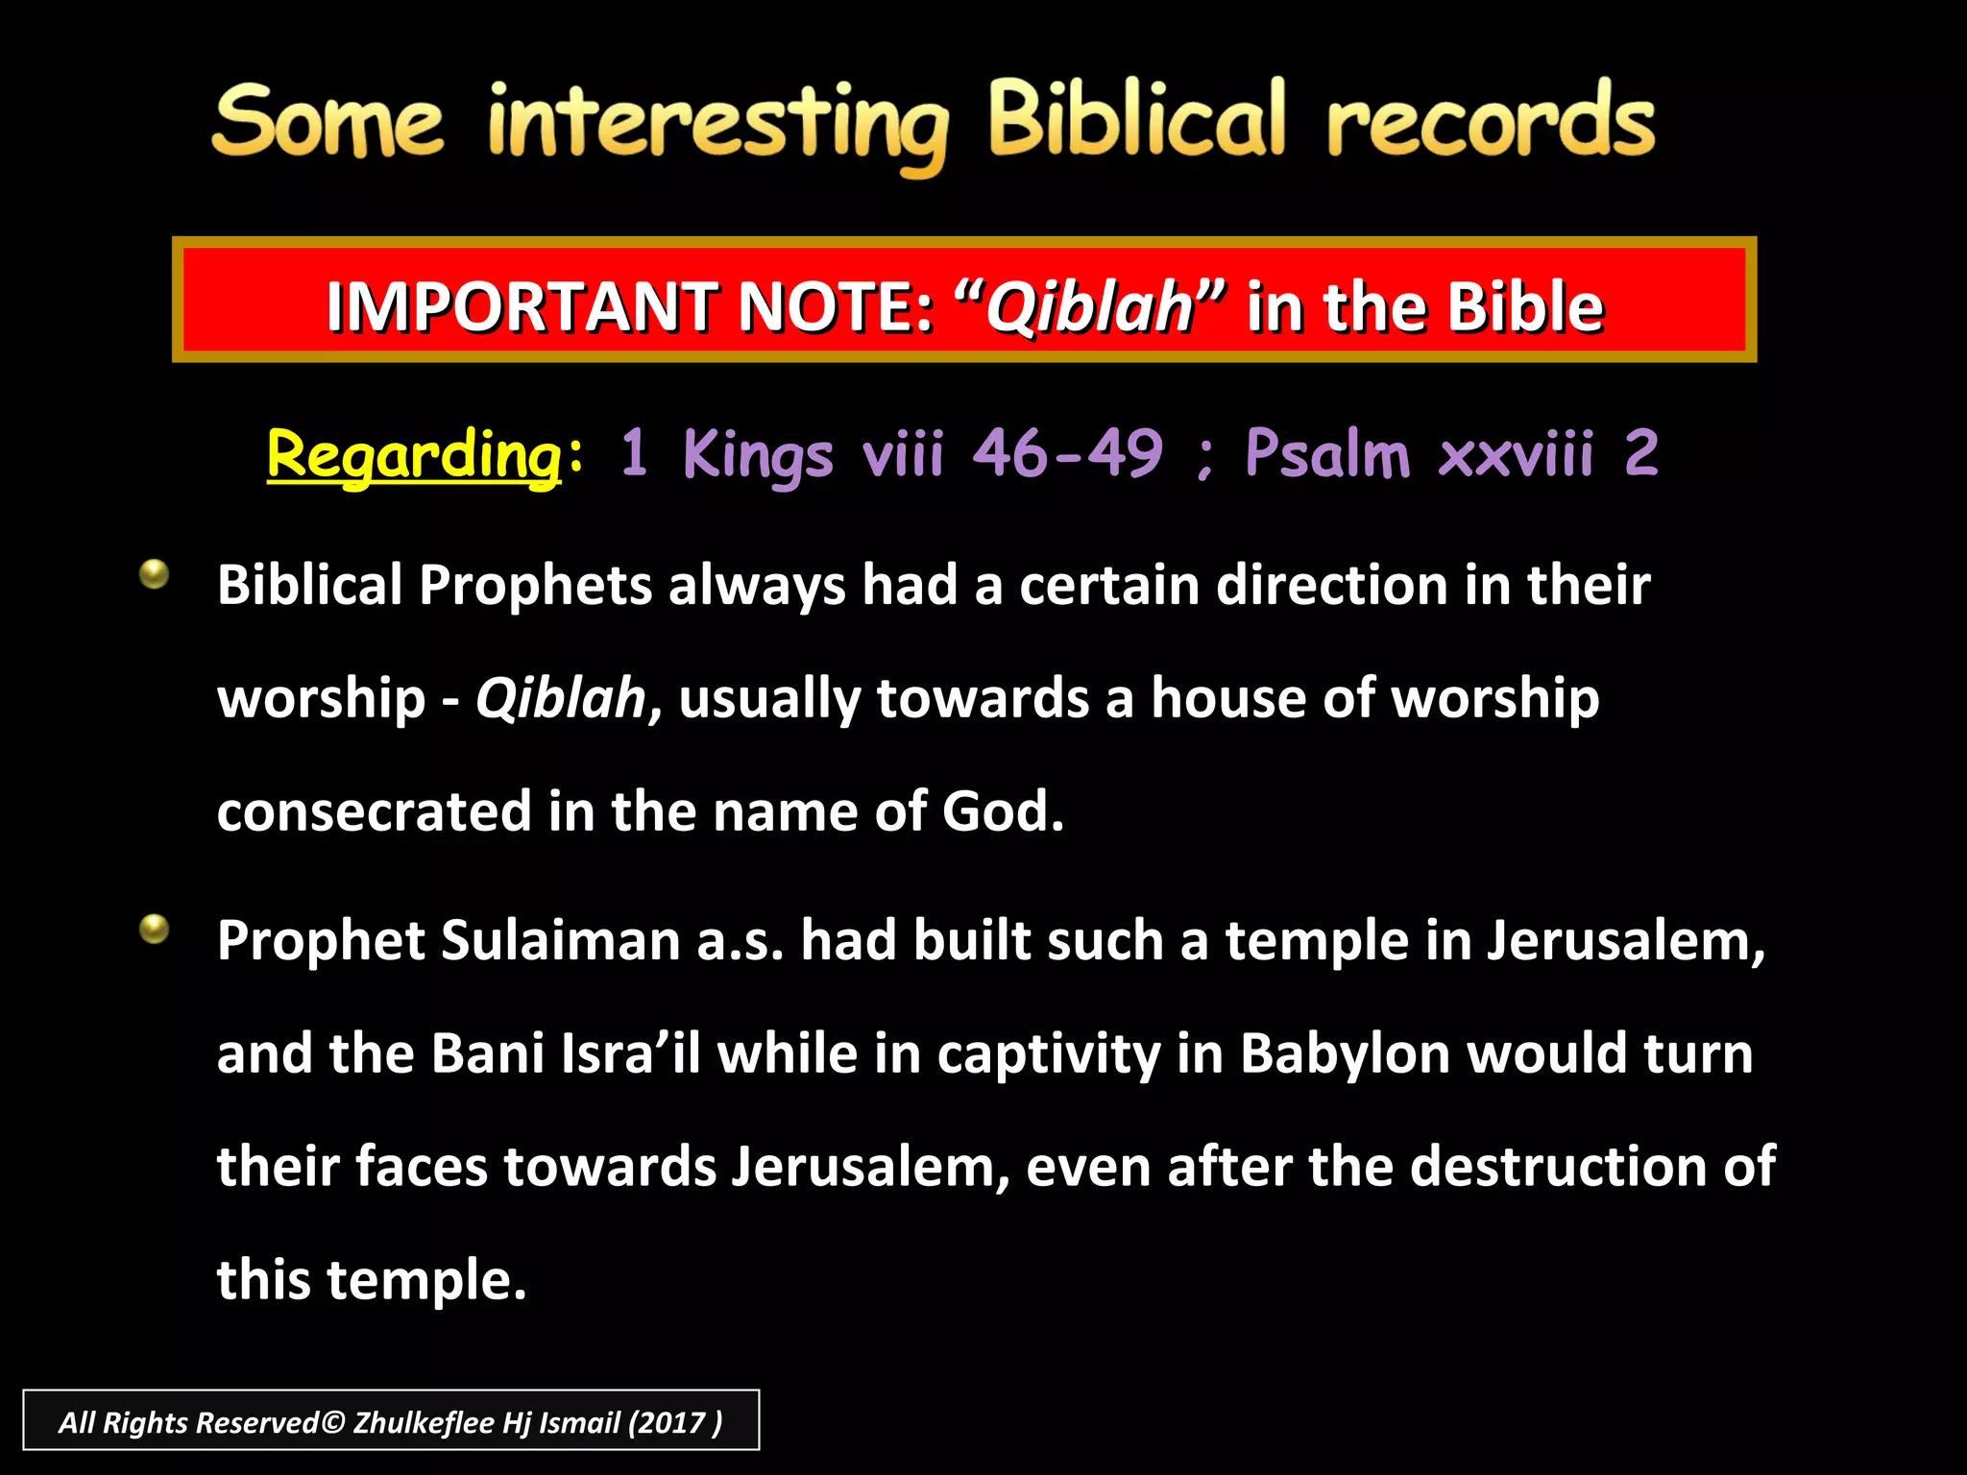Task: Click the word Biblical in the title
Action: pos(1136,120)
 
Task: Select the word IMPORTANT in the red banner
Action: pos(522,306)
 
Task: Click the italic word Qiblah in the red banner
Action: pos(1089,306)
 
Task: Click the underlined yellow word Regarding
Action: pos(414,454)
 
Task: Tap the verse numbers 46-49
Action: pos(1067,452)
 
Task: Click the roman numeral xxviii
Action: pos(1517,452)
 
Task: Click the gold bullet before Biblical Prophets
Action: pos(154,574)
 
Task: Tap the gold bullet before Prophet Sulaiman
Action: pos(154,929)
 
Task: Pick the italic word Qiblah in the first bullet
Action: pos(560,698)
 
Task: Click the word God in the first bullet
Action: pos(1002,811)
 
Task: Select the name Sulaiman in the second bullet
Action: pos(560,940)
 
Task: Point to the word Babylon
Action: pos(1345,1054)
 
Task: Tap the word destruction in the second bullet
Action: pos(1556,1167)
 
